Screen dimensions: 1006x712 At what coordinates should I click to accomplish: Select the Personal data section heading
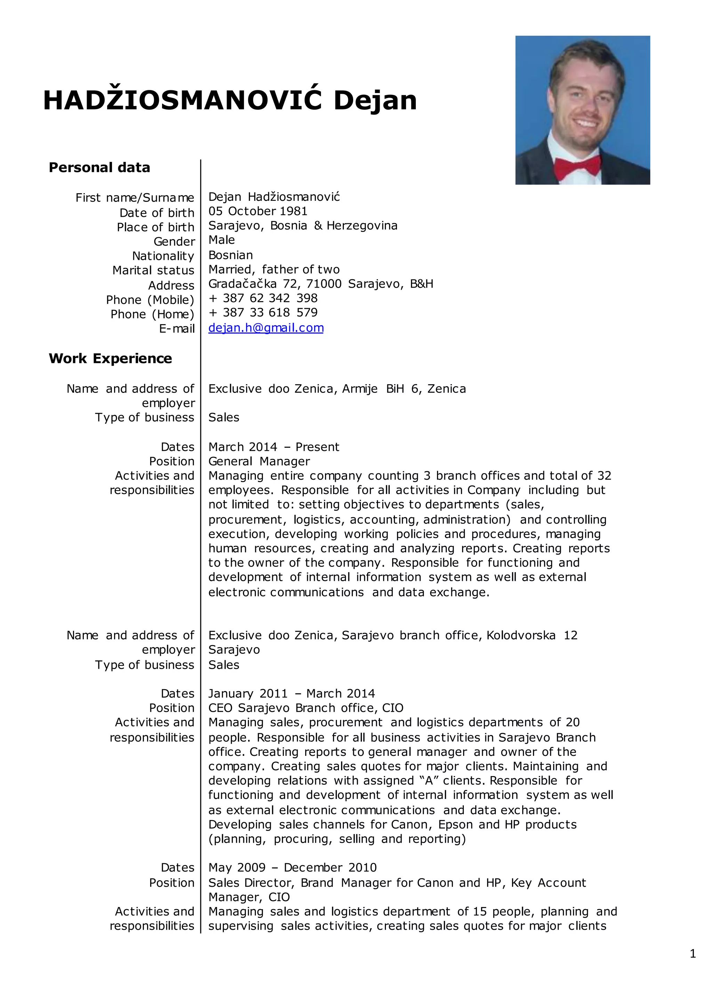pos(99,167)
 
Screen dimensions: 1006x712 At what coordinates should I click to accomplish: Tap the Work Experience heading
pos(111,358)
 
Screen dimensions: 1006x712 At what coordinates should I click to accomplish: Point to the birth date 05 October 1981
pos(258,211)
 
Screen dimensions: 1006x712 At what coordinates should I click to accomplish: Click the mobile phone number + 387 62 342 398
pos(263,298)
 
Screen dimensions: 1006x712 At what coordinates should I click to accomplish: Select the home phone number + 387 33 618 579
pos(263,313)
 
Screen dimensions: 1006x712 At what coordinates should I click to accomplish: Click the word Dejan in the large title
pos(375,101)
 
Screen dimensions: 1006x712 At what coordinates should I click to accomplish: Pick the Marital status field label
pos(153,270)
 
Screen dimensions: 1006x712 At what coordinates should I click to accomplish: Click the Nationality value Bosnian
pos(230,255)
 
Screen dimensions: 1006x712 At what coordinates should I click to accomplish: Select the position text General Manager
pos(259,461)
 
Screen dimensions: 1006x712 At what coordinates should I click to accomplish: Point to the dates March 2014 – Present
pos(274,447)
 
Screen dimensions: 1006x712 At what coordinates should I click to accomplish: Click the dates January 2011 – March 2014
pos(292,694)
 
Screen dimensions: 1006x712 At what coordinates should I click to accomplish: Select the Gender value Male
pos(221,240)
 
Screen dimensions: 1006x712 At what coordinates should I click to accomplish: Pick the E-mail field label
pos(177,329)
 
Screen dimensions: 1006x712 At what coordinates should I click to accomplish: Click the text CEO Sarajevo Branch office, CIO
pos(306,708)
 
